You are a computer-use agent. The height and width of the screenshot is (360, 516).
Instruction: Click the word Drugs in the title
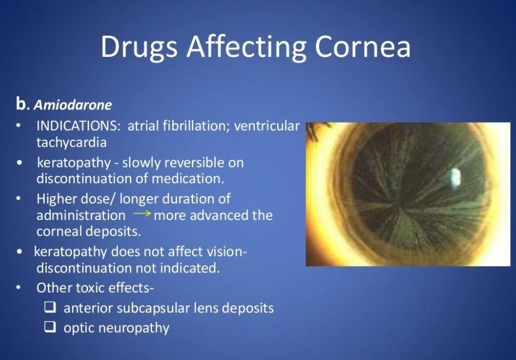(x=139, y=47)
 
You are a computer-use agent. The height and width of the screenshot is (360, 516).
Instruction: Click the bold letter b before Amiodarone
(x=21, y=103)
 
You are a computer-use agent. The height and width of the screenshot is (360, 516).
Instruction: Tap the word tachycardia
(x=71, y=142)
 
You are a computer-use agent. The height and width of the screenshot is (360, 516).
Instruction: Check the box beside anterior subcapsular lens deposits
(x=50, y=308)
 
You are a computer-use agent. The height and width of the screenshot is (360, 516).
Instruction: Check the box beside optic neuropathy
(x=50, y=328)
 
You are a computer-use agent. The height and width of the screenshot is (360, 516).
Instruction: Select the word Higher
(x=56, y=199)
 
